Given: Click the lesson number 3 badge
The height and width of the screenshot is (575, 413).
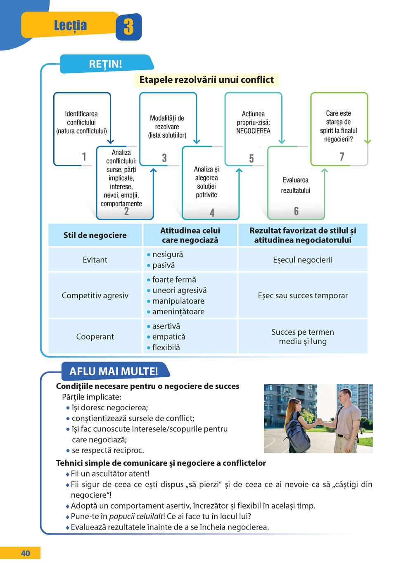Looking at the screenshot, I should point(128,27).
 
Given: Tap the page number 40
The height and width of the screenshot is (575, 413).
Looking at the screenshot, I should point(25,553).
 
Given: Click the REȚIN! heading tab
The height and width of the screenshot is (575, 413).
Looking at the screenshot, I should point(106,64).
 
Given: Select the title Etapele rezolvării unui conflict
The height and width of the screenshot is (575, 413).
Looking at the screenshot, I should point(206,80).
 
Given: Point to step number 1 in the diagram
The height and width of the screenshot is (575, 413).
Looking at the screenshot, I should point(84,157).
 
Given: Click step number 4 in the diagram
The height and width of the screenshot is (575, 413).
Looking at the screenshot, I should point(212,213).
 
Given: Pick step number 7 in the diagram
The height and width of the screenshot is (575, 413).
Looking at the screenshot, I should point(342,157).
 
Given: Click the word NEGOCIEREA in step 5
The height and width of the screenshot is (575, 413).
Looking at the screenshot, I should point(253,131).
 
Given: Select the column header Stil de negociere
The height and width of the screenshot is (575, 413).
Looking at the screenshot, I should point(95,235).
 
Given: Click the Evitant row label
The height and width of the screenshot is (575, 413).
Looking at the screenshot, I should point(95,260).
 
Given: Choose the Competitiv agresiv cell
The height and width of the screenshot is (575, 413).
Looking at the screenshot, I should point(95,295).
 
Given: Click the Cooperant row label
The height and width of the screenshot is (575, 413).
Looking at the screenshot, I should point(95,337).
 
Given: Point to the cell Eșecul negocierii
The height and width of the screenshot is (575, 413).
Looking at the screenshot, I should point(303,260).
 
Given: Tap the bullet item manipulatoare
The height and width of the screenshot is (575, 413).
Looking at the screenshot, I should point(178,301).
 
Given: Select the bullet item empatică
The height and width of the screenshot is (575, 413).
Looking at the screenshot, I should point(169,337).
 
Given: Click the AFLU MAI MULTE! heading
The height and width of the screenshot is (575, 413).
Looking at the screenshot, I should point(114,371).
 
